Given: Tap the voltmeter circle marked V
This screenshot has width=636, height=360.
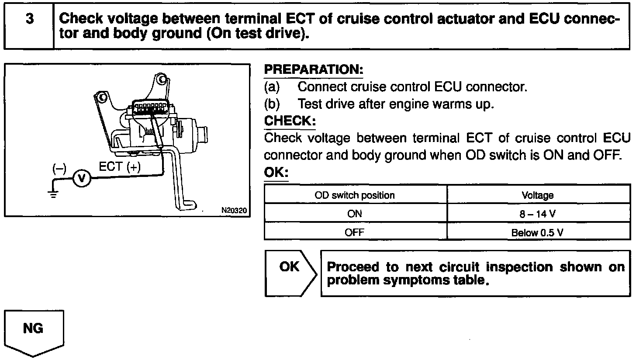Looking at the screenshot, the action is click(x=80, y=178).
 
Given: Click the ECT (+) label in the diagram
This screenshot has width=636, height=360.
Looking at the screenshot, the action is click(x=120, y=167).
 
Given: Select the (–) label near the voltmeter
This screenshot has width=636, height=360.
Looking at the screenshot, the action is click(x=59, y=168).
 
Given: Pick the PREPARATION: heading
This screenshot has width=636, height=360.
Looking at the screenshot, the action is click(x=314, y=69).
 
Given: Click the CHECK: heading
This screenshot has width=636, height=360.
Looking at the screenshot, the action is click(x=290, y=121).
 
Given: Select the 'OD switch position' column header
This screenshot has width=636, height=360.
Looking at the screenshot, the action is click(x=355, y=195).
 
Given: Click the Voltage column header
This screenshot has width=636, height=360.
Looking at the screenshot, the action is click(x=538, y=195).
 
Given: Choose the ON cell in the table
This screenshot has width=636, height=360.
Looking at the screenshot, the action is click(x=355, y=214).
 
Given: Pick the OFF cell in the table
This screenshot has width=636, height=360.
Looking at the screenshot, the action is click(x=355, y=232).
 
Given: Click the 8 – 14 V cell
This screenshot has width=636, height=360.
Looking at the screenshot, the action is click(x=538, y=214).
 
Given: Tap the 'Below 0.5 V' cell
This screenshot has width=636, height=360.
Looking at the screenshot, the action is click(x=538, y=232).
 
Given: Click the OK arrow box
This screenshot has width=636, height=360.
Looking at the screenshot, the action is click(x=290, y=273).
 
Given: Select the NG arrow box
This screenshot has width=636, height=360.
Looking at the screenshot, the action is click(x=34, y=330).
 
